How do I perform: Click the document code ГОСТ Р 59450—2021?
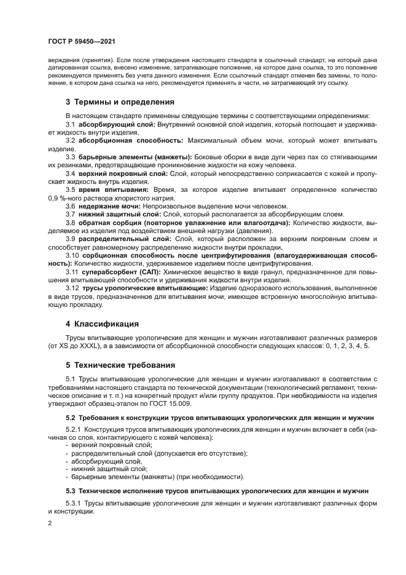pyautogui.click(x=81, y=41)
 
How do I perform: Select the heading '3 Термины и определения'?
pyautogui.click(x=120, y=101)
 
